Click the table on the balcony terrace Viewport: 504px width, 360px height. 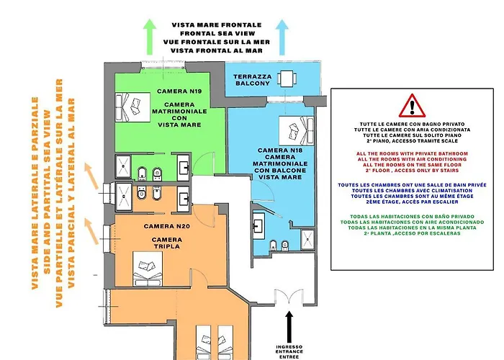click(x=288, y=79)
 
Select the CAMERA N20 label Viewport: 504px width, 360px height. click(x=166, y=226)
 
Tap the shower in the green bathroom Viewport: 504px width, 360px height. click(x=125, y=167)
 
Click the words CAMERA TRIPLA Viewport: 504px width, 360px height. click(x=166, y=244)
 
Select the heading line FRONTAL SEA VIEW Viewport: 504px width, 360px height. click(x=217, y=34)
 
